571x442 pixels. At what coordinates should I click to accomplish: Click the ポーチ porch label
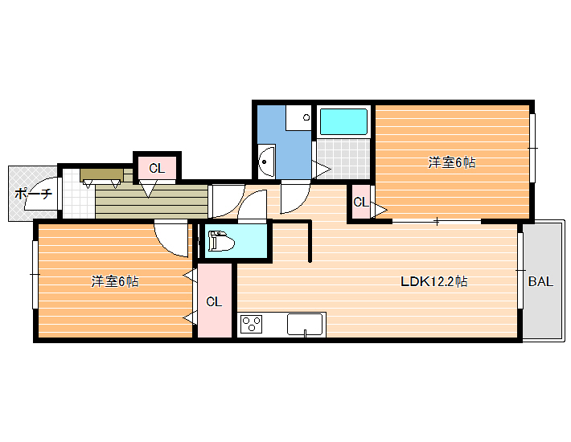34,194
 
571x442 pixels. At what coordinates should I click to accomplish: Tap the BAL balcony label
540,281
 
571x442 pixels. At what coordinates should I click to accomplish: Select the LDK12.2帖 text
434,281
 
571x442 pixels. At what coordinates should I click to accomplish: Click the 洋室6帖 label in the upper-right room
451,162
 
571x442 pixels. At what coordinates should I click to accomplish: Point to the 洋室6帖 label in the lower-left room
115,281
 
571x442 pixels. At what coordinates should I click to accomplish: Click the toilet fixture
220,241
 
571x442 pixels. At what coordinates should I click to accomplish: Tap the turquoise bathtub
343,121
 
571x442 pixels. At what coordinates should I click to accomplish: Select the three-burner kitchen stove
251,325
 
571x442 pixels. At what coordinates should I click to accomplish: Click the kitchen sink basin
305,325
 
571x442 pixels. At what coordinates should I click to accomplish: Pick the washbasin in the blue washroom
266,162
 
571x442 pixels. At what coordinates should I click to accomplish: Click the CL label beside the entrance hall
157,168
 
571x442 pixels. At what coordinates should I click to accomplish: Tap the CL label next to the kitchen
214,301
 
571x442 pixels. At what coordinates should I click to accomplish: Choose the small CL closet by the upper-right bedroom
361,202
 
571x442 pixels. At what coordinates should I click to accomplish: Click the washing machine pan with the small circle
298,117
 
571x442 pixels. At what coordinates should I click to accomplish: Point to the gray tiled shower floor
343,159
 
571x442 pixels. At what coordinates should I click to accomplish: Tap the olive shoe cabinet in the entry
101,174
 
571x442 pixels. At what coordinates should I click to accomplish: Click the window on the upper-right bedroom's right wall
532,148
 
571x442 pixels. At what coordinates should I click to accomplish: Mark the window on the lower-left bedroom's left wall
35,275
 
